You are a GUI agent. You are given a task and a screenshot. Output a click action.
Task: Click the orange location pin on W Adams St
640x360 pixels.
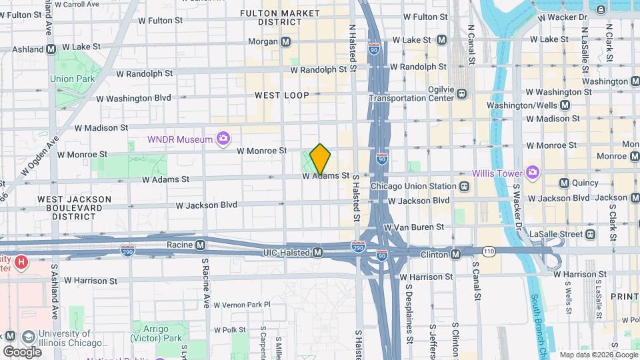320,159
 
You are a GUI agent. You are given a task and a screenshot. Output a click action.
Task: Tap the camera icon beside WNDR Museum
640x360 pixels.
223,139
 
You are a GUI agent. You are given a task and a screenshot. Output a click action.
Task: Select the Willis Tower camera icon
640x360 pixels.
532,173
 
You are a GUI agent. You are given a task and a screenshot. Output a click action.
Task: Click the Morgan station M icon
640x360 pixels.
286,41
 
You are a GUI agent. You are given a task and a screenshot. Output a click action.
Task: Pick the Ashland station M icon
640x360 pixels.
51,49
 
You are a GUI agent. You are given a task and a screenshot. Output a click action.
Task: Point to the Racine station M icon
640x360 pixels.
200,245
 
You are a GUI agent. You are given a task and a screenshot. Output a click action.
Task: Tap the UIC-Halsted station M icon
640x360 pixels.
319,252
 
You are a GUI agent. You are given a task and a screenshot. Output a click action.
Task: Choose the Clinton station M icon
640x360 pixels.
456,254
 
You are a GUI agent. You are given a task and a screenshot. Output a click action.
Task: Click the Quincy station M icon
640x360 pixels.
564,183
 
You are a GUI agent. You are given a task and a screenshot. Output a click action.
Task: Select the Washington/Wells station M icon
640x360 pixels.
565,105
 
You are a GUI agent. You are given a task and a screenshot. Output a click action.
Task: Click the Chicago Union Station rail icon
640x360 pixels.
464,185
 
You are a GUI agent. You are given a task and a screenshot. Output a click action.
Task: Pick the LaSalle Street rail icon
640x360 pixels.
590,234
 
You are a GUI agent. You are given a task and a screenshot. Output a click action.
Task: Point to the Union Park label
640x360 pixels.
72,79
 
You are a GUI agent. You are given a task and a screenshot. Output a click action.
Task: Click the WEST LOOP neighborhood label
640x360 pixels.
282,95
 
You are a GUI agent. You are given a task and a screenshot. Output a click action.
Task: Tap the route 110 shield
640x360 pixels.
489,251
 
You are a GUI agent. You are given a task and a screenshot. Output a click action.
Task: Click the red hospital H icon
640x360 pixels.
21,263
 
